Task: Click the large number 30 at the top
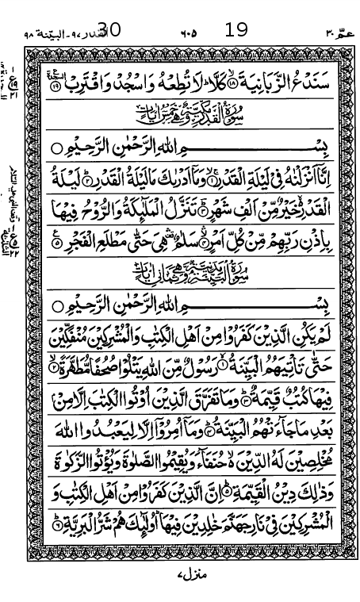coord(108,30)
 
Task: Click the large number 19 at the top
coord(236,30)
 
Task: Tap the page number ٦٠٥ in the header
coord(187,34)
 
